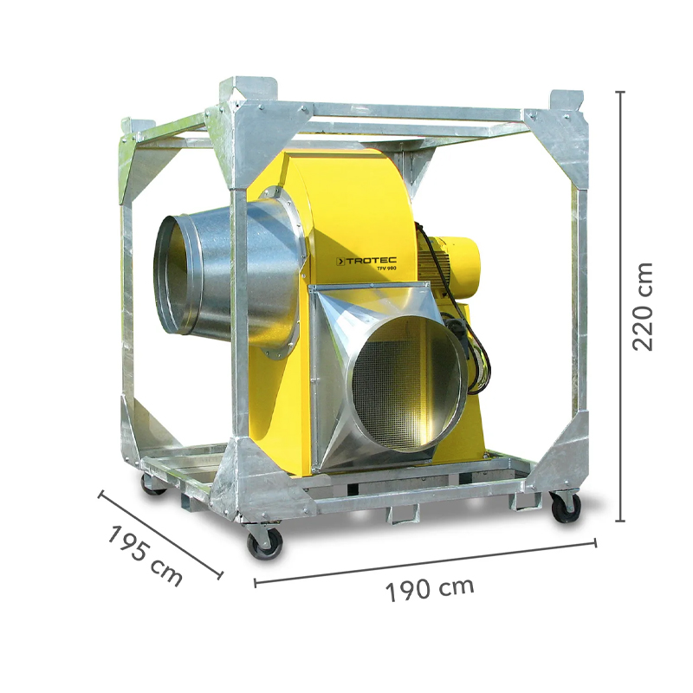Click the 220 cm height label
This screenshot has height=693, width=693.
coord(643,305)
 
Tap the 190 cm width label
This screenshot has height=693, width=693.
coord(431,588)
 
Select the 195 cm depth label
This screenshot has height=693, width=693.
coord(145,555)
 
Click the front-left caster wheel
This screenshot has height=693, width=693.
coord(262,542)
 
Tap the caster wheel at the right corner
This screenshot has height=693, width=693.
coord(566,506)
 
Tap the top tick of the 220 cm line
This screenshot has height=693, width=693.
coord(620,90)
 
